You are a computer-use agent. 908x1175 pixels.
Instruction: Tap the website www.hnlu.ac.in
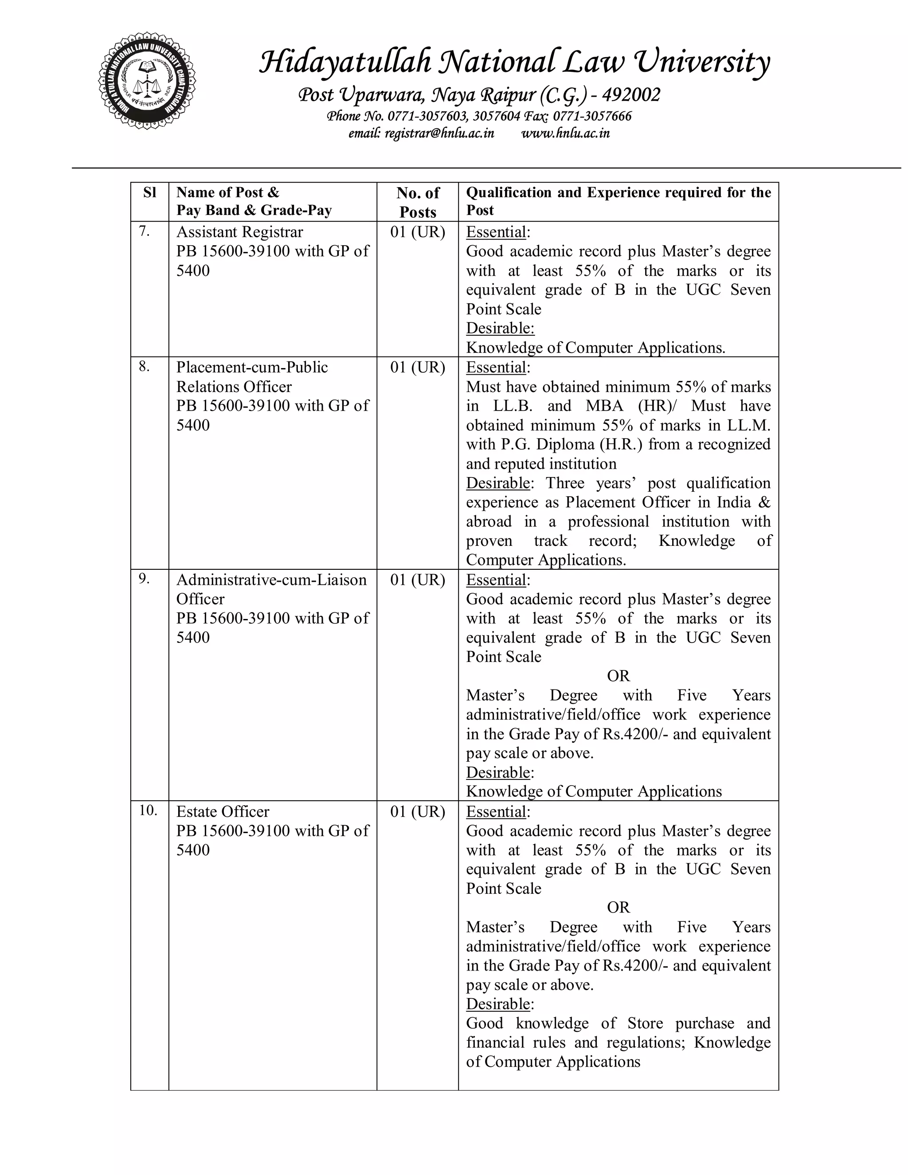click(565, 133)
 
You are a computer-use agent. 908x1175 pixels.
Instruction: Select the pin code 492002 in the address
click(630, 95)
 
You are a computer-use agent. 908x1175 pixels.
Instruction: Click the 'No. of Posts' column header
click(417, 202)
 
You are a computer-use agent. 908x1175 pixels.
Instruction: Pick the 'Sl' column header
click(149, 192)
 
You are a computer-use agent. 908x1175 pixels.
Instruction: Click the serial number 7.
click(144, 231)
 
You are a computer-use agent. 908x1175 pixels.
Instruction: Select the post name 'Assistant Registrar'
click(239, 232)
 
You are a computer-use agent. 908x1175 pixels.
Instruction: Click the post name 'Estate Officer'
click(223, 811)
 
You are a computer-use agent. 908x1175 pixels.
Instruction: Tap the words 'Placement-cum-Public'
click(252, 368)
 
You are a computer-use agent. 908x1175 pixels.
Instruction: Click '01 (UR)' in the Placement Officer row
click(417, 368)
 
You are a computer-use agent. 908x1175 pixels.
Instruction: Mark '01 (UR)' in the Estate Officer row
click(417, 811)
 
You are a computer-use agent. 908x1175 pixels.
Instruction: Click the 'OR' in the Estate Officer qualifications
click(618, 908)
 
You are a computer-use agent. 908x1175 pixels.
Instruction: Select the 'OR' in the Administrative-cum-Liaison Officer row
click(618, 676)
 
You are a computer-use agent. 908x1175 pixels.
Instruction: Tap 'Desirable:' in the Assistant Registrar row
click(500, 328)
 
